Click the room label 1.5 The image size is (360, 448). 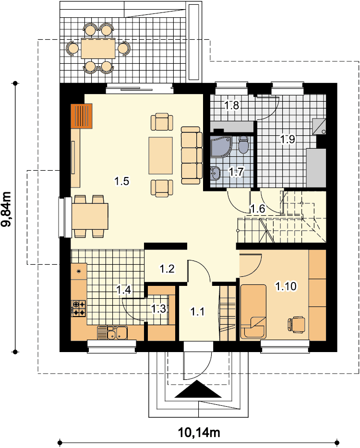(x=122, y=181)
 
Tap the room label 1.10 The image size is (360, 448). (x=286, y=286)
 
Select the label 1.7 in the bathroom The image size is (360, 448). (x=236, y=172)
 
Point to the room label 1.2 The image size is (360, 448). (x=167, y=269)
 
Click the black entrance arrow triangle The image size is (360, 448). (x=198, y=389)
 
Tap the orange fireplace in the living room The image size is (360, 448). (x=82, y=116)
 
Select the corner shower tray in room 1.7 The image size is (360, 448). (x=220, y=147)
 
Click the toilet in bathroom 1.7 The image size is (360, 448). (x=243, y=144)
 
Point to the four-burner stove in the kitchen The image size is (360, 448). (x=78, y=308)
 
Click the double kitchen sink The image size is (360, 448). (x=112, y=332)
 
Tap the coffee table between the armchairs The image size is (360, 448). (x=160, y=155)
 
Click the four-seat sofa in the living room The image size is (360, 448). (x=192, y=155)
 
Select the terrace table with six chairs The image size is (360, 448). (x=98, y=48)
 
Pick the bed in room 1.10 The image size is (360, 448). (x=253, y=311)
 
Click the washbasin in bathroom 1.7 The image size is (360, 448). (x=216, y=173)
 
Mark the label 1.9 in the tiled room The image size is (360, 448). (x=288, y=139)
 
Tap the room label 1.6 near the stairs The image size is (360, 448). (x=258, y=209)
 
